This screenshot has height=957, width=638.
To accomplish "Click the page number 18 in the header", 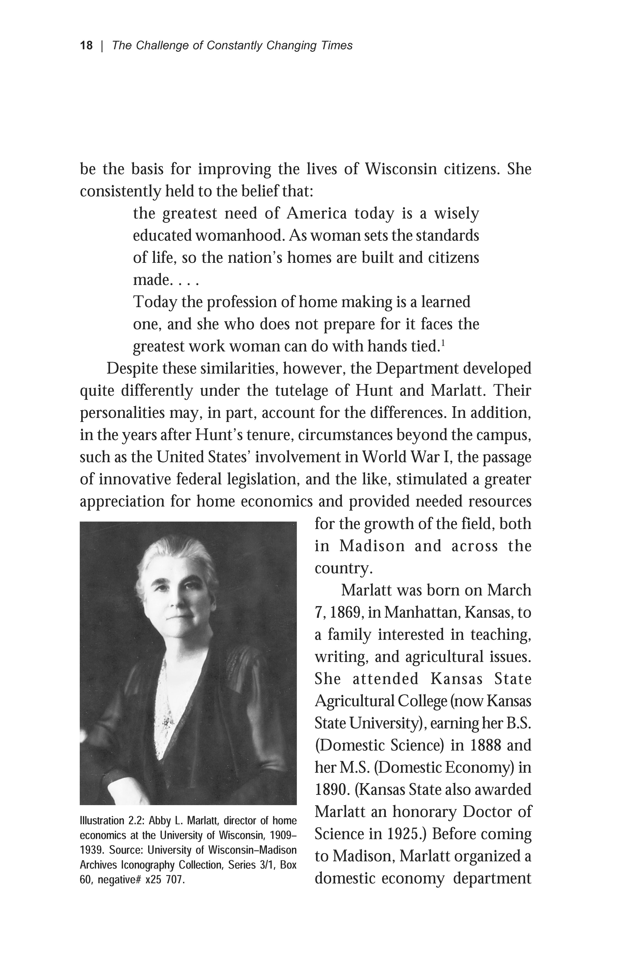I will pyautogui.click(x=86, y=46).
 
